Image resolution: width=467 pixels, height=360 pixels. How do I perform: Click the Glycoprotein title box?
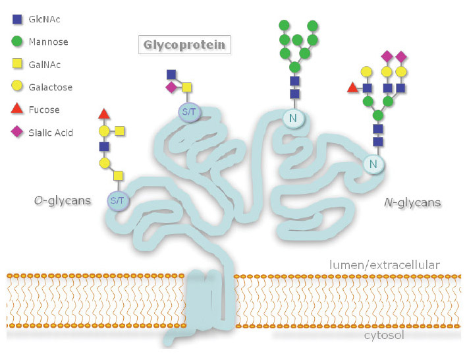coord(184,45)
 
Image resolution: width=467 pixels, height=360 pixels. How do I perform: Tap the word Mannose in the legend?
coord(48,42)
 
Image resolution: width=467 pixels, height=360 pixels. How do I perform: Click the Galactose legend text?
coord(51,87)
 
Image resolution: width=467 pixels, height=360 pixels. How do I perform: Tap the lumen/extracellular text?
coord(384,265)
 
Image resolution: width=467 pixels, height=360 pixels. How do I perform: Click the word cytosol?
coord(383,336)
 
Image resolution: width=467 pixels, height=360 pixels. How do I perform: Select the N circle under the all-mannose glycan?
coord(294,119)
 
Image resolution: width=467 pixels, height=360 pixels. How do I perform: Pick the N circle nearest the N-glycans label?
coord(373,164)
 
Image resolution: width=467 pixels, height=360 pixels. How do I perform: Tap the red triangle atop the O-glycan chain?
coord(103,113)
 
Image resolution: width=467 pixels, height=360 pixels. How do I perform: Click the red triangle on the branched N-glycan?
coord(352,87)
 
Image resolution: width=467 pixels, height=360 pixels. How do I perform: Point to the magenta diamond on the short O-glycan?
coord(171,87)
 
